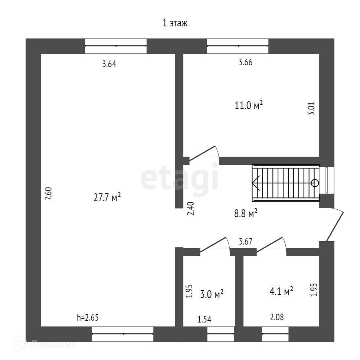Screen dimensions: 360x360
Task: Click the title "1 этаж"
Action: [x=176, y=23]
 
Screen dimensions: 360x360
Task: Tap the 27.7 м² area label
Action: [x=107, y=197]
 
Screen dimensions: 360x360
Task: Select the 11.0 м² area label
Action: [x=249, y=106]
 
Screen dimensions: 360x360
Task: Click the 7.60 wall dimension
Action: [x=48, y=194]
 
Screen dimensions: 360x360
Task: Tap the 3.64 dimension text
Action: [x=109, y=64]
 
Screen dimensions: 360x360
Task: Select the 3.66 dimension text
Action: [x=245, y=62]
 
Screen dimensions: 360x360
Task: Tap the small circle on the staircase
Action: [x=315, y=183]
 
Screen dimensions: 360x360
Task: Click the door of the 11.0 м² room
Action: [x=203, y=153]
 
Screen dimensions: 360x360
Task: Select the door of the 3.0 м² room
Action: [x=213, y=245]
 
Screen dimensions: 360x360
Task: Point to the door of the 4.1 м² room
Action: [x=270, y=245]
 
